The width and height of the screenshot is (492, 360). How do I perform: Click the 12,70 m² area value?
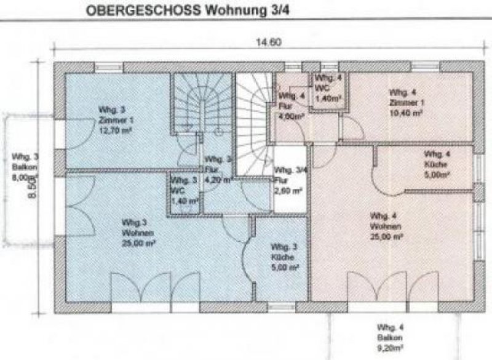tap(114, 130)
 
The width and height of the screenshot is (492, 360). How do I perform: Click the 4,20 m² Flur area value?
tap(215, 181)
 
